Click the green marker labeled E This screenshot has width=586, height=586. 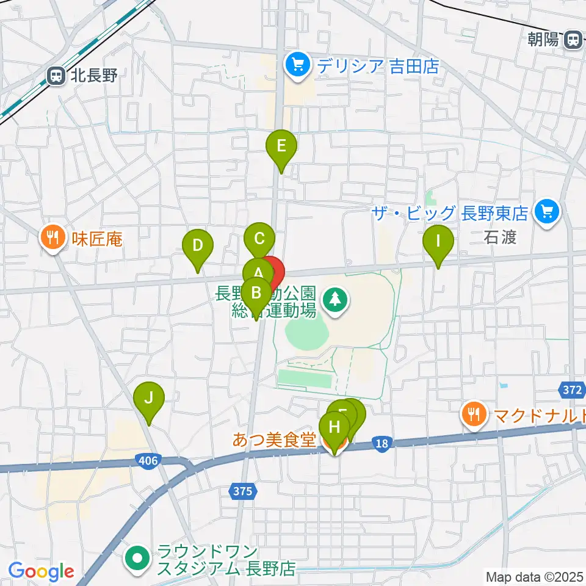(x=281, y=147)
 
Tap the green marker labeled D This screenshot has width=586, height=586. (x=197, y=247)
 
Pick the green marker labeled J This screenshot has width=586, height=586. (x=149, y=399)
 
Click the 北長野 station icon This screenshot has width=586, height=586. (x=56, y=76)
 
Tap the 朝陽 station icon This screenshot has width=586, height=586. (x=572, y=40)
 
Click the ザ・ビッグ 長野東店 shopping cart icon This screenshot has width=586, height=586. (x=546, y=212)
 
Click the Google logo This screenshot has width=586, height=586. (x=42, y=571)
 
